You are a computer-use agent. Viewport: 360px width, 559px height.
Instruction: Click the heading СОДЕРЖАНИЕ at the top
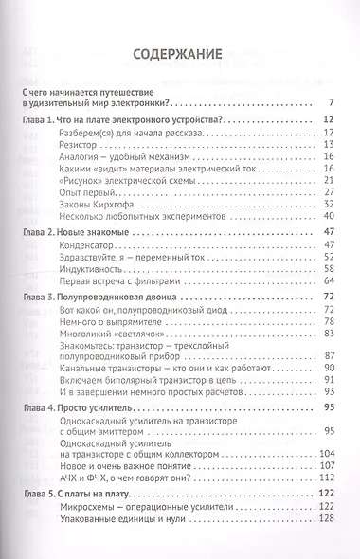(x=180, y=54)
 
